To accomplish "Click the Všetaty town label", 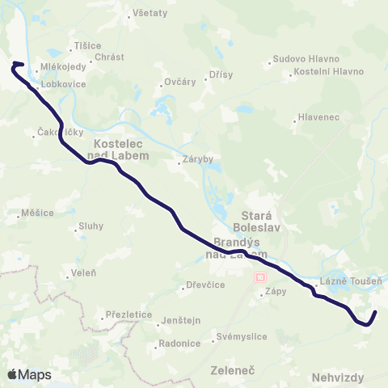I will click(149, 13).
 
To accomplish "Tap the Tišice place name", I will click(86, 45).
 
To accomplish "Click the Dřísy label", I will click(219, 74).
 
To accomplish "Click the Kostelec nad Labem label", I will click(113, 149).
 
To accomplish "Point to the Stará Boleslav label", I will click(251, 222).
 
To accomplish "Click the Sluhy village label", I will click(90, 227).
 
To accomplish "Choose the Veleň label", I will click(77, 273).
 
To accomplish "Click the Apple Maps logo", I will click(29, 374).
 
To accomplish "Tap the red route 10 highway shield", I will click(259, 276).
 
